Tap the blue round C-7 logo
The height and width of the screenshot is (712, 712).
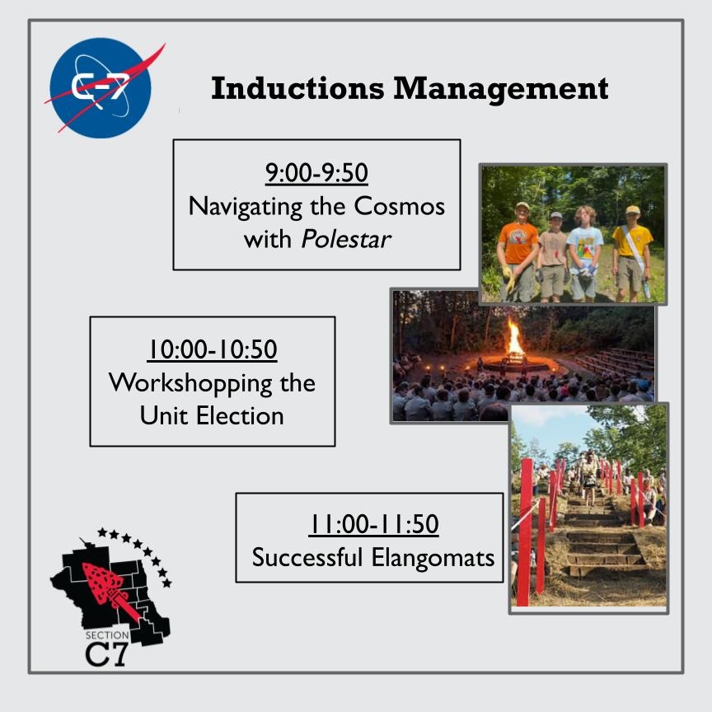pyautogui.click(x=101, y=87)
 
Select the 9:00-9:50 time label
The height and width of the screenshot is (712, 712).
pyautogui.click(x=316, y=173)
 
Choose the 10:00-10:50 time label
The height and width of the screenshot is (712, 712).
pyautogui.click(x=212, y=349)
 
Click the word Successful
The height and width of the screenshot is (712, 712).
pyautogui.click(x=307, y=557)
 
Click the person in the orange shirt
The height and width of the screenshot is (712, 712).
pyautogui.click(x=519, y=247)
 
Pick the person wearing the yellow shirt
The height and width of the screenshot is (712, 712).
pyautogui.click(x=633, y=247)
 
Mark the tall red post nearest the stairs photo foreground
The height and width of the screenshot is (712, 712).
pyautogui.click(x=525, y=527)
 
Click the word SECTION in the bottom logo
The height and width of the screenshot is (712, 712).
pyautogui.click(x=107, y=635)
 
